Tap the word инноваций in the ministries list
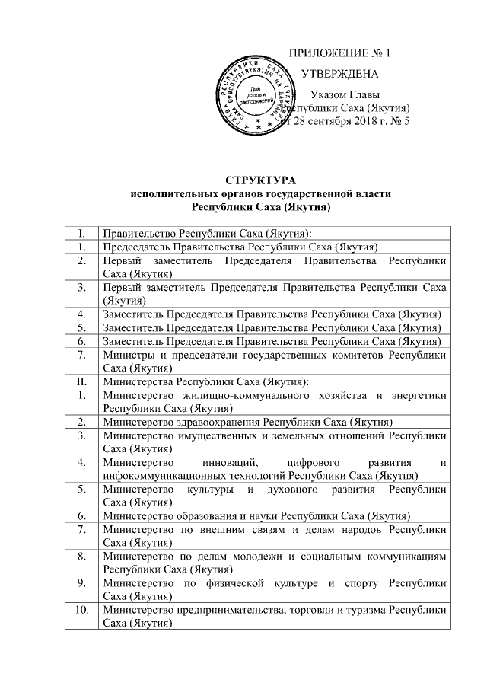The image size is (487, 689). coord(232,462)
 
